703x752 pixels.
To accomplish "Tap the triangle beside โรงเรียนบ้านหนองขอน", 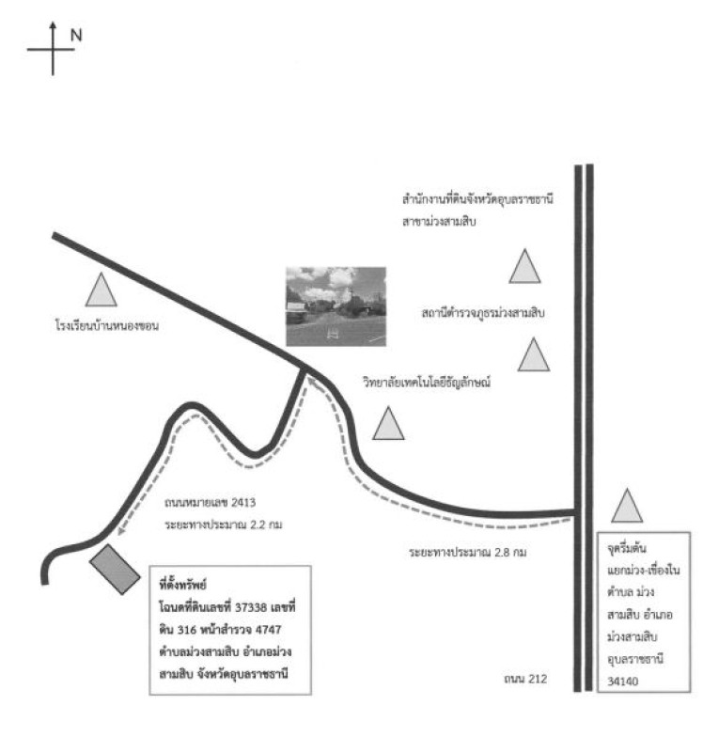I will point(101,290).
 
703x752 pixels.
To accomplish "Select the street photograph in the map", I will point(336,305).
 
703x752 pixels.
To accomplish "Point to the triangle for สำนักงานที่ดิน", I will point(525,267).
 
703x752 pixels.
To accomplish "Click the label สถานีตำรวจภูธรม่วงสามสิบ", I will point(484,311).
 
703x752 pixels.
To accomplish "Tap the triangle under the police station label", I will point(533,355).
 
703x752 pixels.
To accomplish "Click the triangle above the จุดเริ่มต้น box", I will point(627,508).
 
